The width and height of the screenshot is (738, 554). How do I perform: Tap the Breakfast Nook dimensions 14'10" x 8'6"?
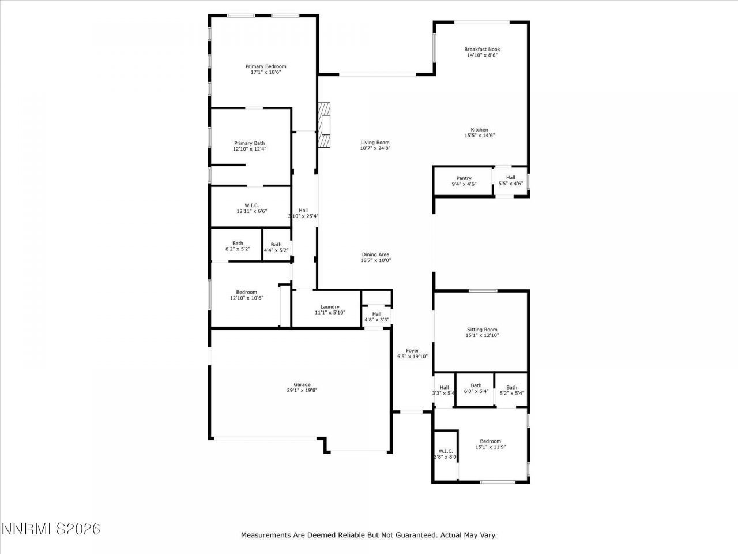tap(481, 56)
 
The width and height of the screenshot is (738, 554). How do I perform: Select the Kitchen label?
tap(480, 130)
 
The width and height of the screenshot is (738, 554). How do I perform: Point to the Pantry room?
tap(464, 181)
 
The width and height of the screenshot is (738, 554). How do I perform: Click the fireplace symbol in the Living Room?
tap(325, 126)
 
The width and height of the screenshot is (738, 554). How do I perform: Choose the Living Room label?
tap(375, 143)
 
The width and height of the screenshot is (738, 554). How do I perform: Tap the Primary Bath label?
tap(250, 143)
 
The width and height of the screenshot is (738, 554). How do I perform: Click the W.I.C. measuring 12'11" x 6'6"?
tap(251, 208)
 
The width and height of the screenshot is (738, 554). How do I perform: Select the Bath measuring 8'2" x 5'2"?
tap(238, 246)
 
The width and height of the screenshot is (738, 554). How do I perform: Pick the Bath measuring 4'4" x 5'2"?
tap(276, 248)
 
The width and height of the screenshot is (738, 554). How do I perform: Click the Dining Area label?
tap(376, 254)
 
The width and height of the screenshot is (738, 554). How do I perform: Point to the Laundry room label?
tap(330, 307)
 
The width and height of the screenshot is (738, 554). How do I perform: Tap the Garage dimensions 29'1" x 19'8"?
tap(302, 391)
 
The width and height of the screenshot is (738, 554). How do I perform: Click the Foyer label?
tap(412, 350)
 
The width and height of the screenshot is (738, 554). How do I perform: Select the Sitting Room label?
tap(482, 330)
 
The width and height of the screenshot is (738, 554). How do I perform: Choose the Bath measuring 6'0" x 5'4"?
tap(476, 388)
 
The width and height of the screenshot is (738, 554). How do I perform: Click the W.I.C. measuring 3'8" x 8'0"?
tap(445, 454)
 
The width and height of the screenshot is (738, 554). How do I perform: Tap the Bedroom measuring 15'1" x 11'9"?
tap(488, 444)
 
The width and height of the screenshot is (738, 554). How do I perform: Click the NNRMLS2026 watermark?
tap(51, 529)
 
